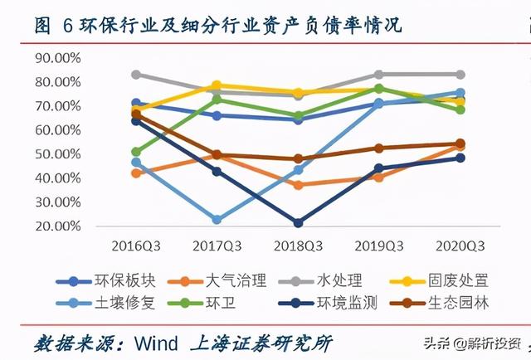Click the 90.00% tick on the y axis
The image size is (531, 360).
click(58, 58)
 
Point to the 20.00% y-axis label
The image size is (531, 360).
click(58, 226)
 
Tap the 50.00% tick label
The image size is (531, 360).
click(58, 154)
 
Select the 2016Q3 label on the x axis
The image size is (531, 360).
click(136, 246)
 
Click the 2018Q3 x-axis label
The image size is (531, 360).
click(298, 246)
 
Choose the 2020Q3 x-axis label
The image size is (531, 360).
click(460, 246)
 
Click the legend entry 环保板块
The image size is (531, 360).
click(106, 281)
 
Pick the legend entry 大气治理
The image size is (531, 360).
click(217, 281)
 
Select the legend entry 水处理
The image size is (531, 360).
click(320, 281)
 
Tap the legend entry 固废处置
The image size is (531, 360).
click(439, 281)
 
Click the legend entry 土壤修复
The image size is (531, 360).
click(106, 303)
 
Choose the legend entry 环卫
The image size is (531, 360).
click(202, 303)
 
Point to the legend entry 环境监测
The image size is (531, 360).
click(328, 303)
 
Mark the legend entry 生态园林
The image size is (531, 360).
click(439, 303)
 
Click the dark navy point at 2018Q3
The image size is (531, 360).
click(298, 223)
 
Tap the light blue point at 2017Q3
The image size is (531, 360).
click(217, 220)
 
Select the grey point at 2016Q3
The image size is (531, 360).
click(136, 75)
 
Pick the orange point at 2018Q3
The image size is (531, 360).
click(298, 185)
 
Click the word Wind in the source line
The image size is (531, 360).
click(156, 343)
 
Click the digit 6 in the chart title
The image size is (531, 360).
click(68, 26)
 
